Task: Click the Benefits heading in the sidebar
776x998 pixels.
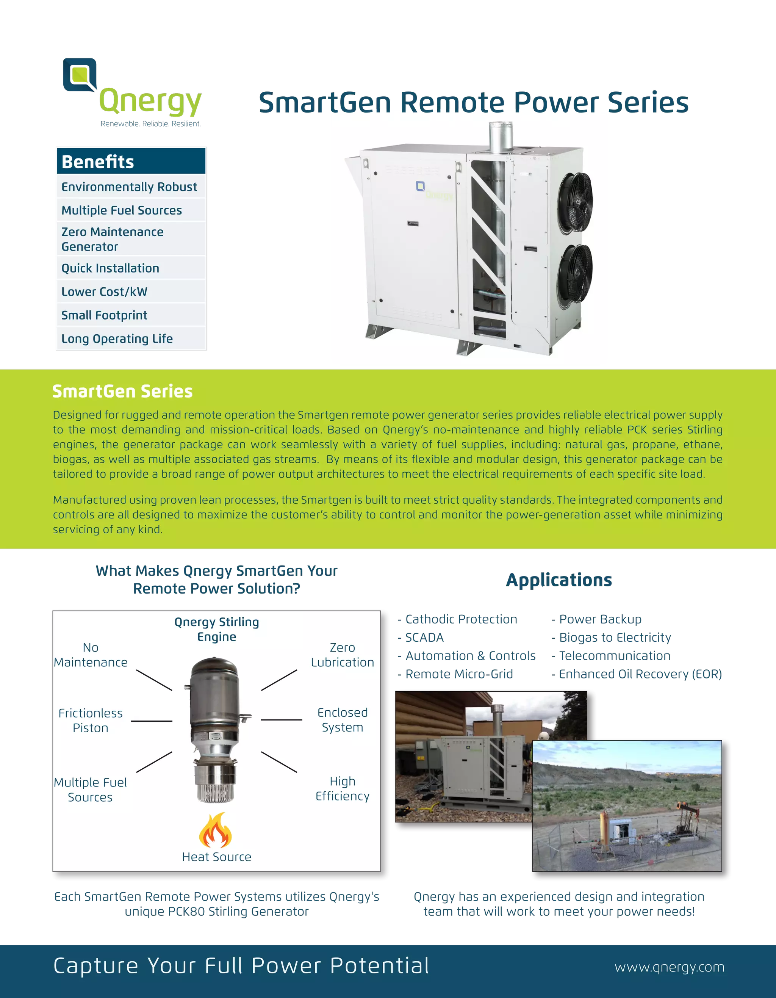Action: pyautogui.click(x=98, y=162)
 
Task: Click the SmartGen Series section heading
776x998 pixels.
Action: pyautogui.click(x=122, y=392)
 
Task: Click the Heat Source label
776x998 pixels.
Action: pyautogui.click(x=216, y=857)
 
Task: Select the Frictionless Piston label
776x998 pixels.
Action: pyautogui.click(x=91, y=721)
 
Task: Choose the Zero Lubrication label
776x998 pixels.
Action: pyautogui.click(x=342, y=655)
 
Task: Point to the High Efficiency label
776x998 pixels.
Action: pyautogui.click(x=342, y=788)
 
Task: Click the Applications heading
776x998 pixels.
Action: pyautogui.click(x=559, y=580)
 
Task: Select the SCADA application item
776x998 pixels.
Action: pyautogui.click(x=424, y=638)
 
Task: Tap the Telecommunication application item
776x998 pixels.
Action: pyautogui.click(x=614, y=656)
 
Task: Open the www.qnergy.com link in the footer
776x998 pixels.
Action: pyautogui.click(x=669, y=967)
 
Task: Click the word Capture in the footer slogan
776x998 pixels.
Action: pyautogui.click(x=95, y=966)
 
